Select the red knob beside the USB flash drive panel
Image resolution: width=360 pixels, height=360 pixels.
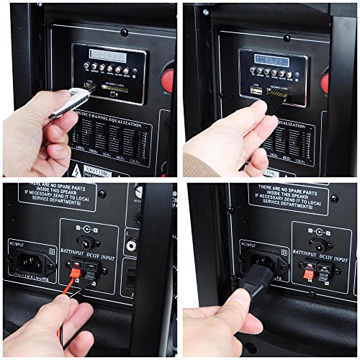pos(167,75)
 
